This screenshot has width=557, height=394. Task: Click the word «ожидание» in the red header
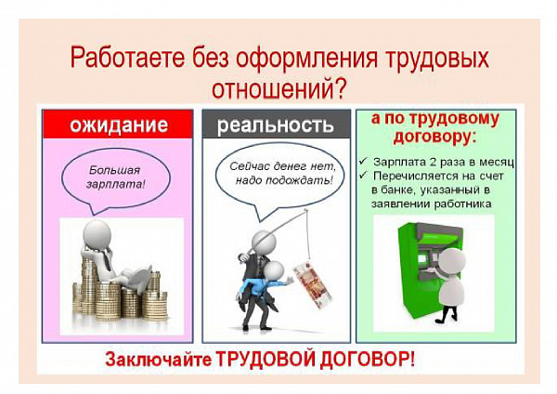tap(119, 125)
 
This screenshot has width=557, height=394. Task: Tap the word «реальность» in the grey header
tap(276, 125)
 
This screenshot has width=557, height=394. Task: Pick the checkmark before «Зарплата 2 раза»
tap(363, 162)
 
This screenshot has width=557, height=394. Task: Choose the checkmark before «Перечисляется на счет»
tap(363, 175)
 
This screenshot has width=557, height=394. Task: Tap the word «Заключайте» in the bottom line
tap(158, 359)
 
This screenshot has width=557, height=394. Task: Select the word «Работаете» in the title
tap(128, 58)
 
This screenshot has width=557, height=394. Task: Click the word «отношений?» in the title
tap(278, 88)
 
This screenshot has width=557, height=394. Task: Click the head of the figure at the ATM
tap(452, 261)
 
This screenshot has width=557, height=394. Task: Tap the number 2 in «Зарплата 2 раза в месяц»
tap(433, 162)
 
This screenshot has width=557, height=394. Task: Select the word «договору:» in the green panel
tap(434, 136)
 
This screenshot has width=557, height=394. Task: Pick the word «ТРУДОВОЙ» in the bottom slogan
tap(266, 359)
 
